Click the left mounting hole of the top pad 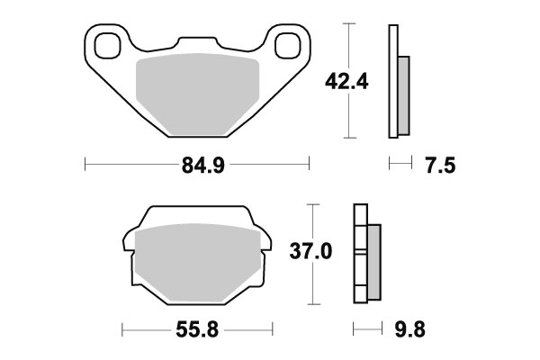pyautogui.click(x=105, y=42)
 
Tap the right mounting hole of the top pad pyautogui.click(x=289, y=42)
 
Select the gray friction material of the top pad pyautogui.click(x=197, y=94)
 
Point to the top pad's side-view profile pyautogui.click(x=393, y=82)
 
